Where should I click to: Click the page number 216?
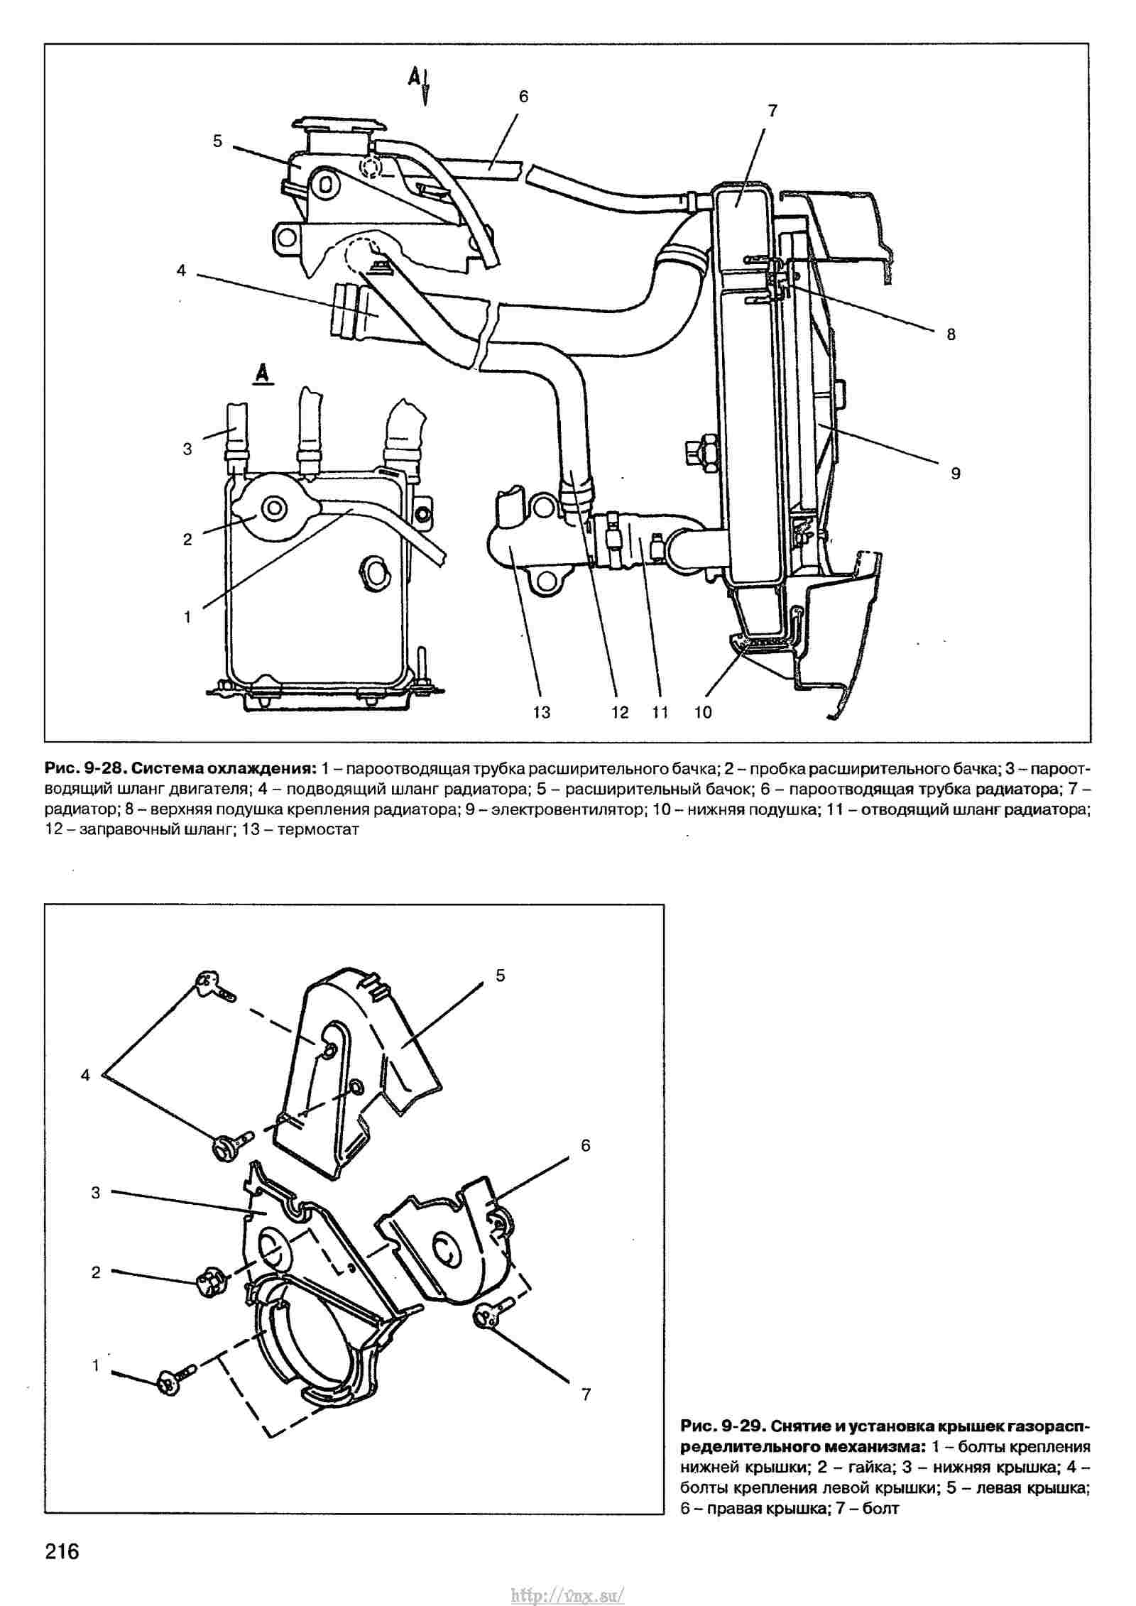tap(63, 1551)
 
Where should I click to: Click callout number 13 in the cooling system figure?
tap(541, 712)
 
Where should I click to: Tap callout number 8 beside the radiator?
tap(951, 334)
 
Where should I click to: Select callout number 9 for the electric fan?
tap(955, 473)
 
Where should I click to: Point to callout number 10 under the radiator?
tap(703, 712)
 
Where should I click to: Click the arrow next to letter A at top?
tap(425, 88)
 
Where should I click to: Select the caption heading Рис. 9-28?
tap(84, 768)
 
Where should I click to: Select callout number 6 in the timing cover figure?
tap(585, 1145)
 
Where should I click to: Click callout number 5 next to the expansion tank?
tap(217, 141)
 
